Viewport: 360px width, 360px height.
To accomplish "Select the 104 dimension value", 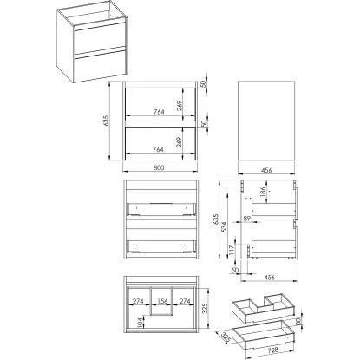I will pyautogui.click(x=137, y=324).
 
